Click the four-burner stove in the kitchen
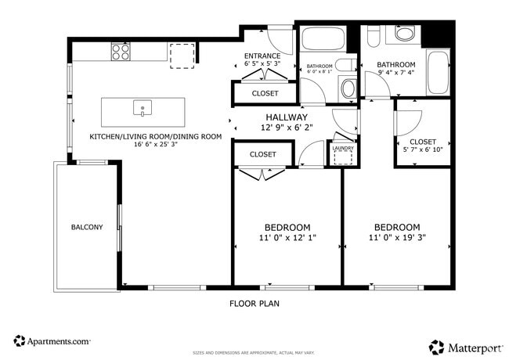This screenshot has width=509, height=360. (121, 52)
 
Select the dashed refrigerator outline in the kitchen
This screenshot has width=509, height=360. (181, 55)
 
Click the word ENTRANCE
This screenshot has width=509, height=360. (262, 56)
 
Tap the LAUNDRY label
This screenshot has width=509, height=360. (343, 148)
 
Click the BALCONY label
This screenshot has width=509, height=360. (87, 228)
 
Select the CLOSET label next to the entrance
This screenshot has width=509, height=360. (265, 93)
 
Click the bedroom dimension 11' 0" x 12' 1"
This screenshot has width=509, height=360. (287, 237)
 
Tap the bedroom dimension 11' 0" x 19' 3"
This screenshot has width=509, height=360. (397, 237)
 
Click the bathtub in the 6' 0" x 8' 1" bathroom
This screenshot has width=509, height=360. (321, 39)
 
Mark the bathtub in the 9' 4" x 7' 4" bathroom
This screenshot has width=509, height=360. (439, 72)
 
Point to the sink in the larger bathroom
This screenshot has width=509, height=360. (406, 34)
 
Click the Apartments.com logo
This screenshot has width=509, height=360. (52, 341)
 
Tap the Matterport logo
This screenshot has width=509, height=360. (464, 347)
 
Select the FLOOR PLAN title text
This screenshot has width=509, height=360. (254, 303)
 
